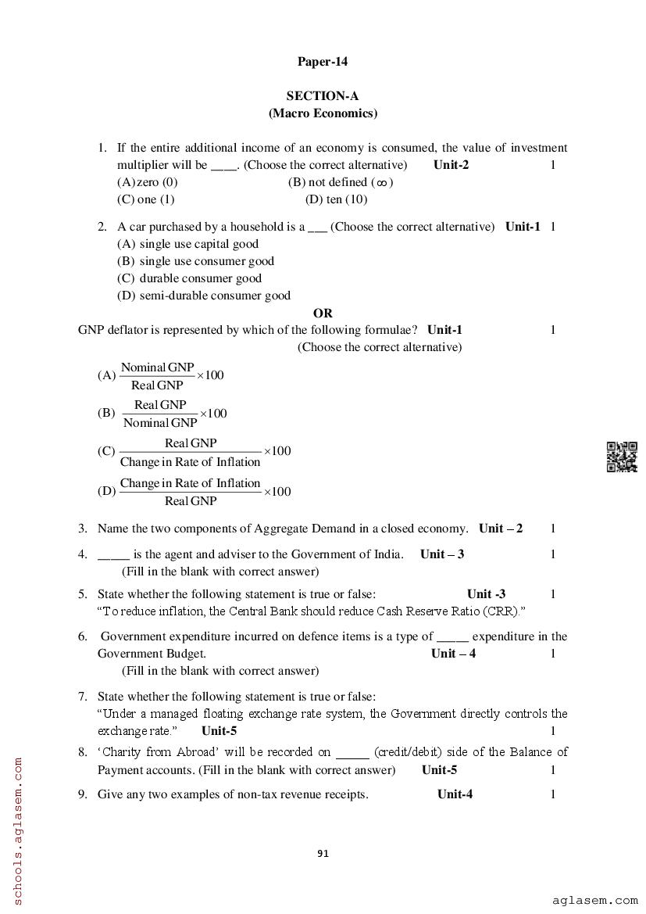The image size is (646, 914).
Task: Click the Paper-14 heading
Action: click(x=322, y=62)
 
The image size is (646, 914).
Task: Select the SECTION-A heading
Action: click(x=322, y=96)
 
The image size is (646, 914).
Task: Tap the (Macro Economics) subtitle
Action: click(x=323, y=113)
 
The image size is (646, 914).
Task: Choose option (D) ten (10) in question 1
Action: click(x=336, y=199)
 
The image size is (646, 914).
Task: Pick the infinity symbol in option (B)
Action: click(x=381, y=183)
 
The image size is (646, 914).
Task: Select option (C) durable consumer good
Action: click(x=189, y=278)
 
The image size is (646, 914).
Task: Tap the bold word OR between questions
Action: click(x=323, y=314)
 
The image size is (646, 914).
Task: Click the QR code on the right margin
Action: click(x=622, y=457)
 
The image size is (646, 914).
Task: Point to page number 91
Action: click(x=323, y=853)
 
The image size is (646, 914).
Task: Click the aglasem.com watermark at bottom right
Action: click(x=595, y=901)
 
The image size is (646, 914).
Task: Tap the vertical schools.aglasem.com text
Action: click(x=18, y=830)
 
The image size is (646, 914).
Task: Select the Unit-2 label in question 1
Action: click(x=451, y=165)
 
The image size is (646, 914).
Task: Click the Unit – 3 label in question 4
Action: click(x=442, y=554)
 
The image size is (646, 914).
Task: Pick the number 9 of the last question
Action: click(x=82, y=795)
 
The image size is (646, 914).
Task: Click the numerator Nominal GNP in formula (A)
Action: click(x=157, y=367)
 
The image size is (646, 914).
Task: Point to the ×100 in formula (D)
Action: click(x=277, y=492)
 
